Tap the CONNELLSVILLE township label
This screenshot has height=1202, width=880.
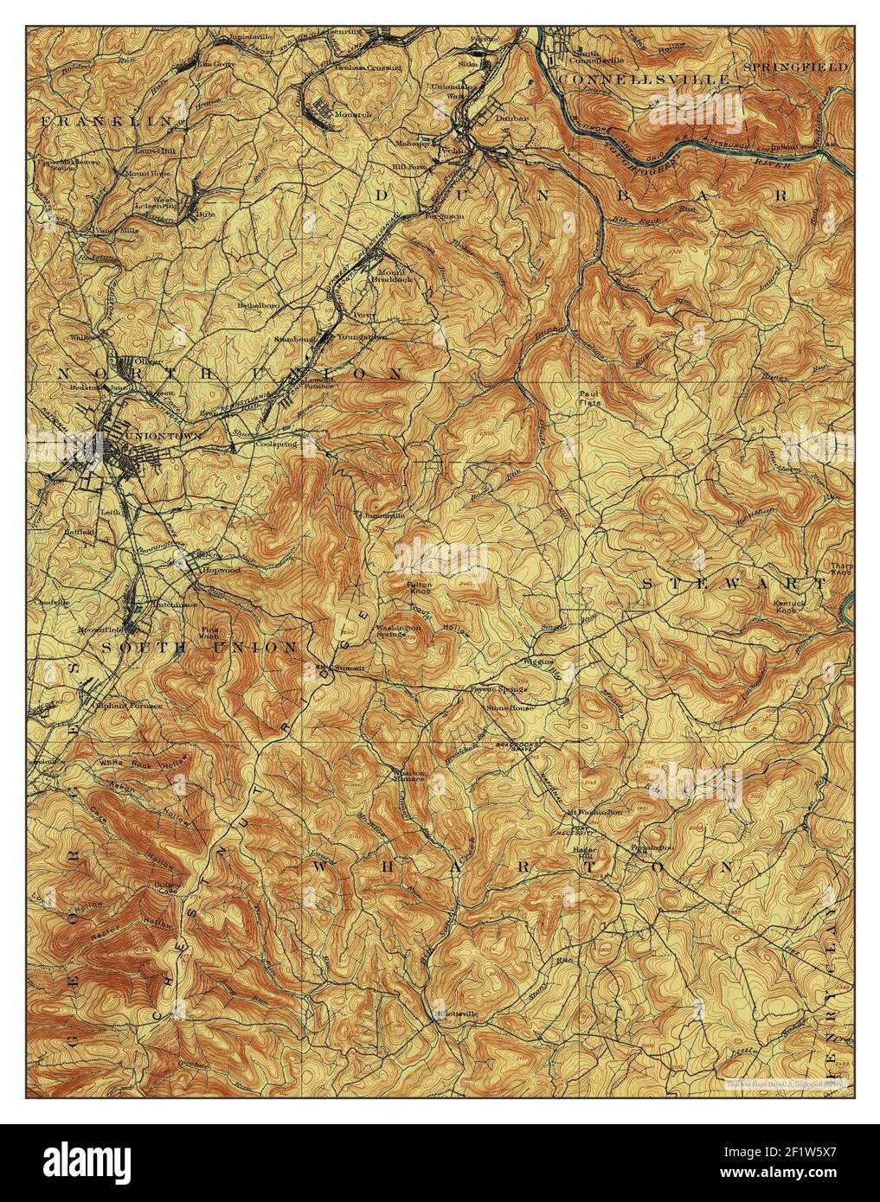(x=645, y=80)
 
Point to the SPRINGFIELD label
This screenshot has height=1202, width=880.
(x=794, y=66)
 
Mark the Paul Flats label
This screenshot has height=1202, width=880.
(x=590, y=397)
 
